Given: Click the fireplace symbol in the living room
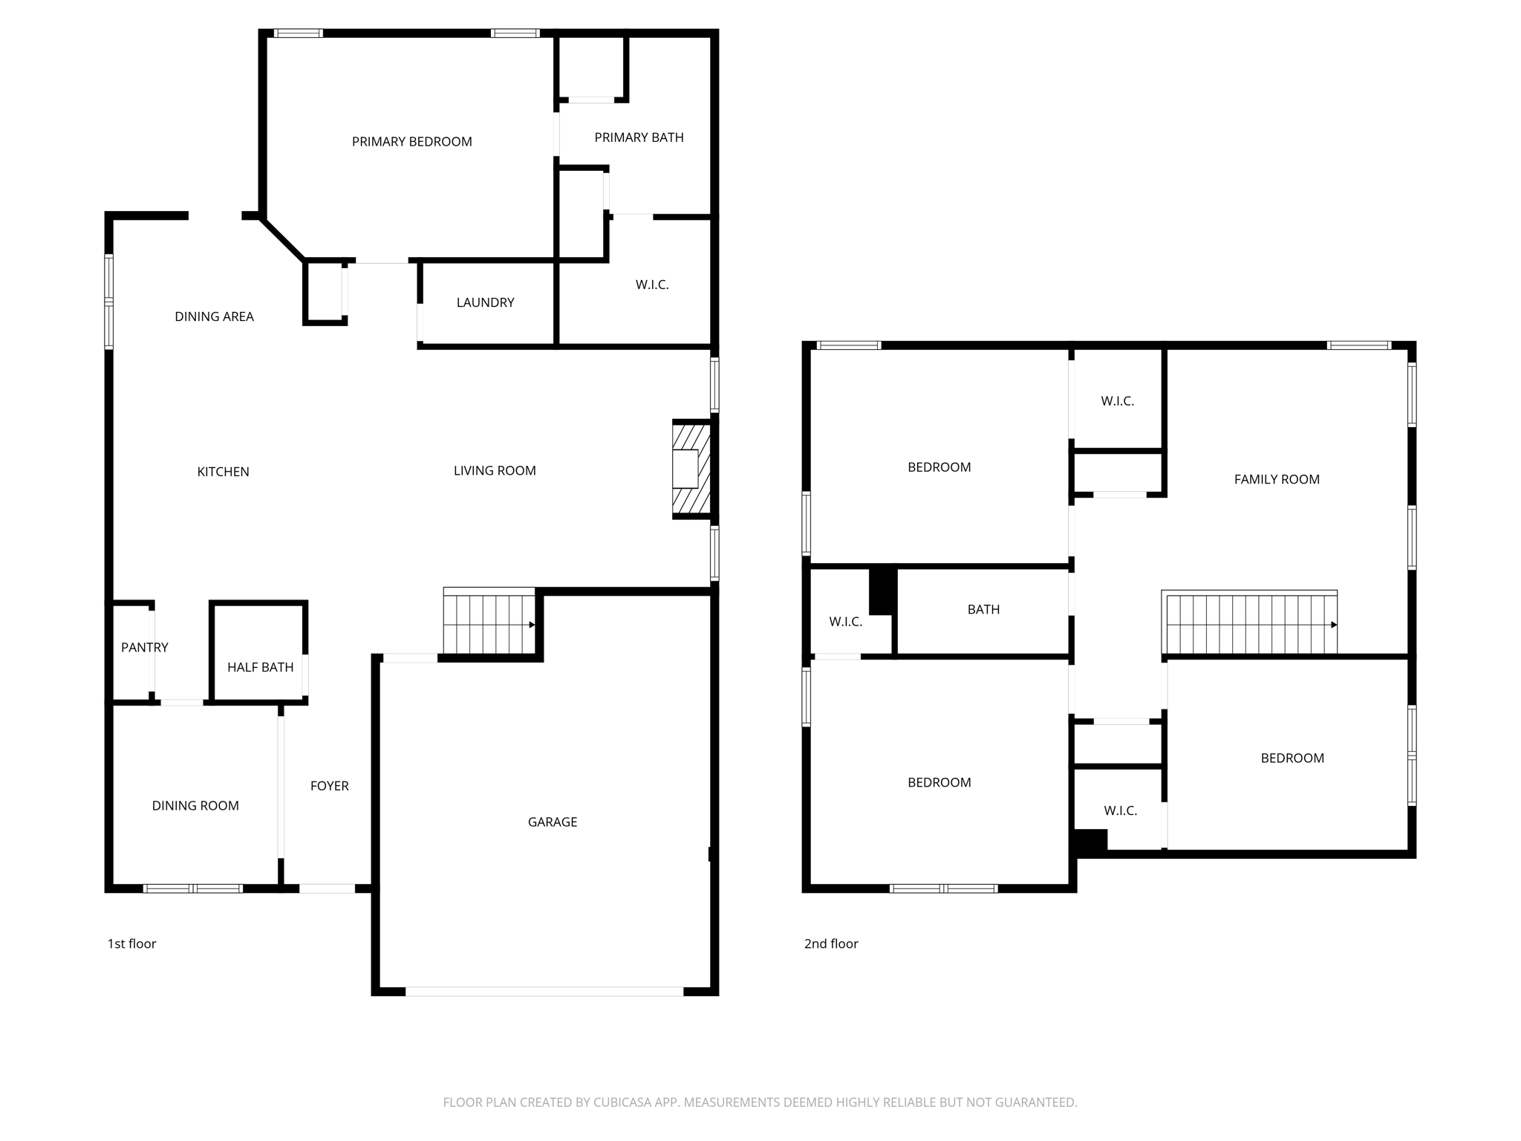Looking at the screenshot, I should (x=691, y=469).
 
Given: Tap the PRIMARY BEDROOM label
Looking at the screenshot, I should (x=411, y=142).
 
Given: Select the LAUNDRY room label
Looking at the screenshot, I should (x=485, y=302).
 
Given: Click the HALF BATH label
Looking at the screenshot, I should (x=260, y=667).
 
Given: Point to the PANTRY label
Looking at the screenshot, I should (x=144, y=647).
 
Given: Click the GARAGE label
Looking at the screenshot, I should (x=552, y=822).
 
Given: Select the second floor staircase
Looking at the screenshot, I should (x=1250, y=624).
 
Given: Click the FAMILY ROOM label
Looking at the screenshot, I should (x=1276, y=479).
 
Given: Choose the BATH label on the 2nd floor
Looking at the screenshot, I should (x=983, y=609).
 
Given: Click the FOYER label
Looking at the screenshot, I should (x=329, y=785).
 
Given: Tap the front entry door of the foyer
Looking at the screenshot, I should (x=327, y=888).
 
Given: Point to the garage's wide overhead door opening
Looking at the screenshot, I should (x=544, y=991).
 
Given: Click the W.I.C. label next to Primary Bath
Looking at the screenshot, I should (x=651, y=285).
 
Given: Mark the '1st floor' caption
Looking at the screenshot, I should (x=131, y=943).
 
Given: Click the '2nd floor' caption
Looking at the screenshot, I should (x=830, y=943).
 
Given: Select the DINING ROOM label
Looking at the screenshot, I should (x=195, y=805).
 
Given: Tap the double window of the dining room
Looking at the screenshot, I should (x=192, y=888).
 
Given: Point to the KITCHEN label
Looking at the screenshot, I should (x=223, y=472).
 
